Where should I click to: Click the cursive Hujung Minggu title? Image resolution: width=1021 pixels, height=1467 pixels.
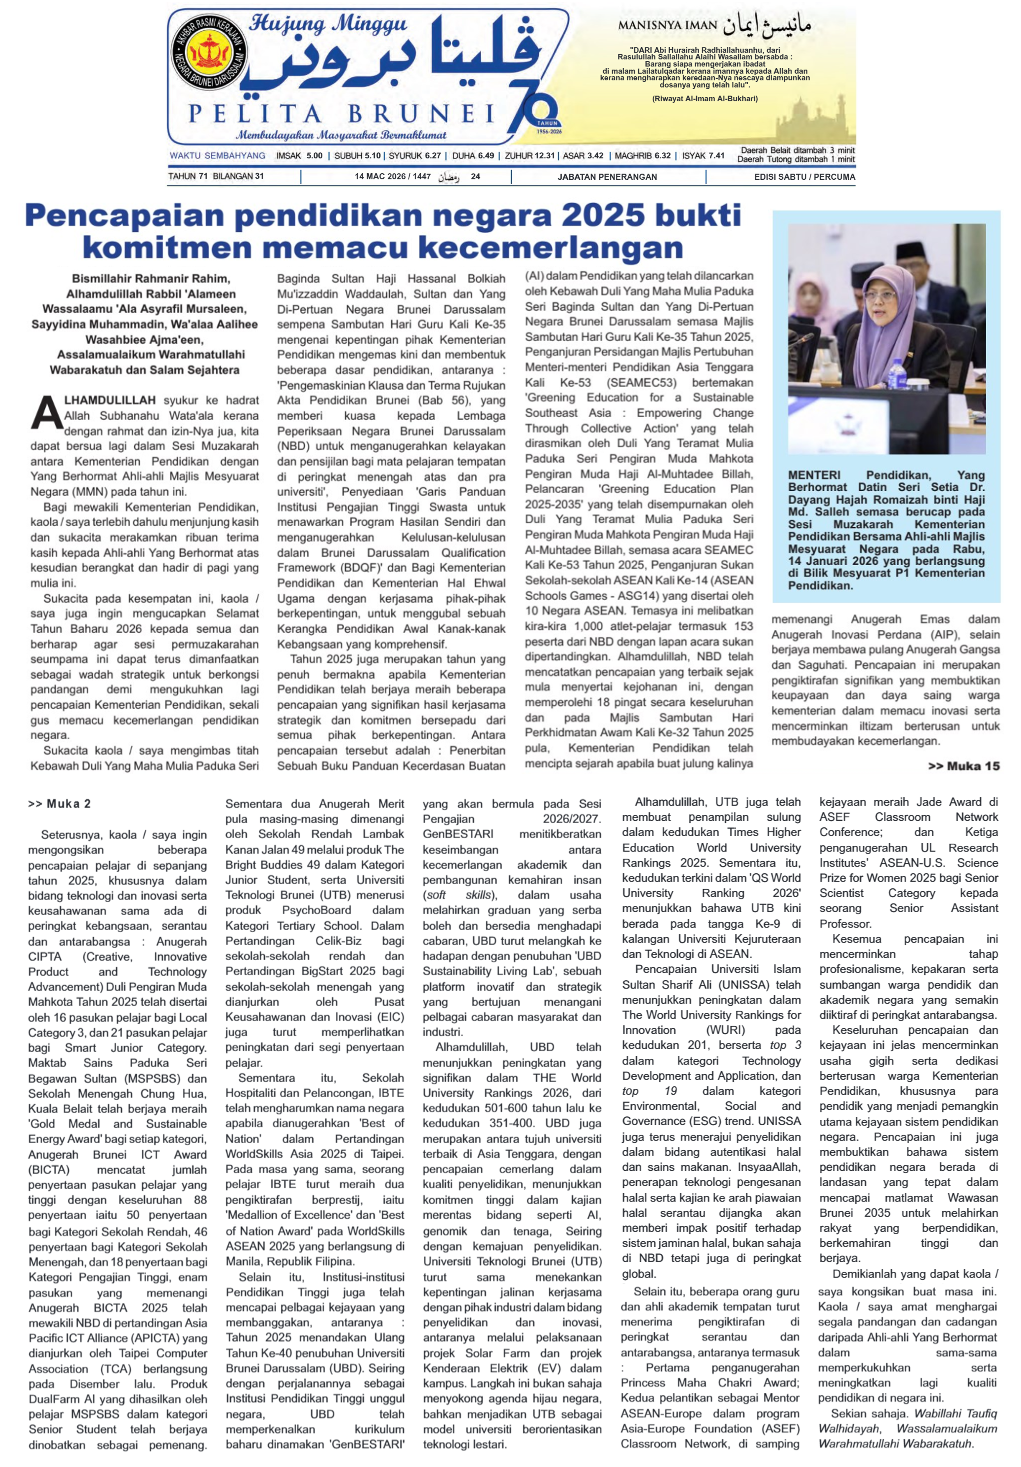(x=327, y=24)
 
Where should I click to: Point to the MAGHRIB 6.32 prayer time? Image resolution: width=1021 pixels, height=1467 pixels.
(x=642, y=155)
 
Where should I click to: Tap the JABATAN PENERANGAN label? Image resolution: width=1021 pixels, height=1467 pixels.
(x=607, y=176)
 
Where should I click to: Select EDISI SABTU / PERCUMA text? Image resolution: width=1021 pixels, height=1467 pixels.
(x=804, y=176)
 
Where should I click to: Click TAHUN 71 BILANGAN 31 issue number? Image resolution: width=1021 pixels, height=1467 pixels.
(x=216, y=176)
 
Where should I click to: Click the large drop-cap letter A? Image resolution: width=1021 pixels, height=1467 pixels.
(x=47, y=413)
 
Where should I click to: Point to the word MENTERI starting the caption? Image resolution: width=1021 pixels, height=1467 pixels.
(x=814, y=475)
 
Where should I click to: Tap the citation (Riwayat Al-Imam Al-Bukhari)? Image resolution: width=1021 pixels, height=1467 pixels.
(x=705, y=98)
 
